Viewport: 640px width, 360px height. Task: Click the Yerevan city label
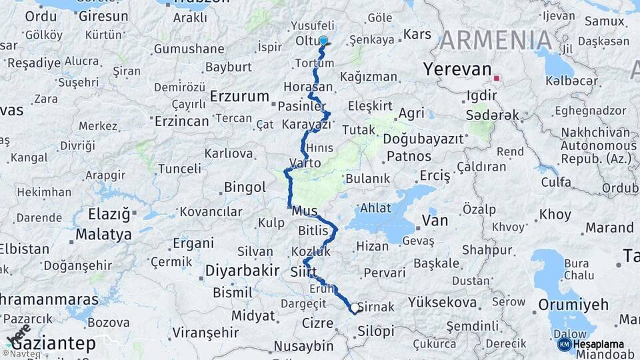(457, 69)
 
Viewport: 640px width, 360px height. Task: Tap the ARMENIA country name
(496, 41)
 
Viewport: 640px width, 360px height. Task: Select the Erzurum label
(239, 96)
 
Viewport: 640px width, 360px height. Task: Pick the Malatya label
(103, 235)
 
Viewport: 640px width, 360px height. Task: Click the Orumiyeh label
(575, 305)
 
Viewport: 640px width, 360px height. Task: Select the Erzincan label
(182, 121)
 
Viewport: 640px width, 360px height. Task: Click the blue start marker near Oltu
(323, 41)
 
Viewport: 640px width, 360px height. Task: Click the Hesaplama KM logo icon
(564, 344)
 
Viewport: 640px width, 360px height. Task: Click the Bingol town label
(245, 187)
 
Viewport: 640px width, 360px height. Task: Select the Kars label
(417, 34)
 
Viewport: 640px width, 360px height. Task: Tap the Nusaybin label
(303, 346)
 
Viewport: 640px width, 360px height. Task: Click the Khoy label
(555, 215)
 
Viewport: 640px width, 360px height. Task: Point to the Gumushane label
(189, 49)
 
